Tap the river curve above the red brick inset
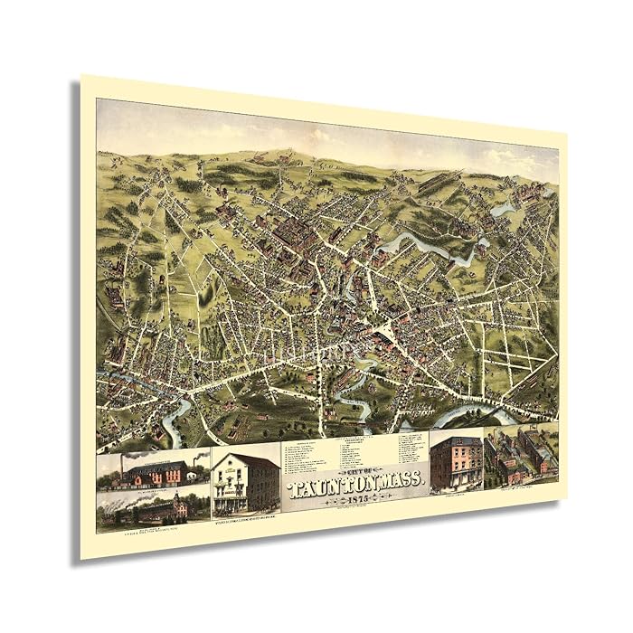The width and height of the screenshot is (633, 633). click(x=461, y=415)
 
